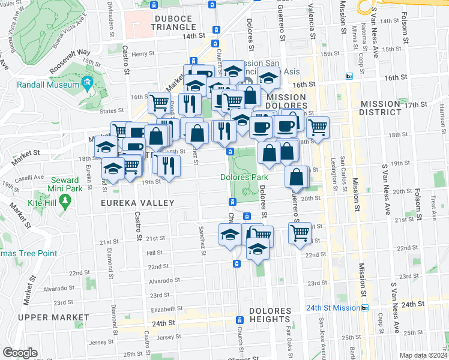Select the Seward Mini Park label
64,184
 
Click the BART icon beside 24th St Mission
365,308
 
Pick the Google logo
19,353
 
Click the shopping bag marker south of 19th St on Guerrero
297,177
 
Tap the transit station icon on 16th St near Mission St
349,76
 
